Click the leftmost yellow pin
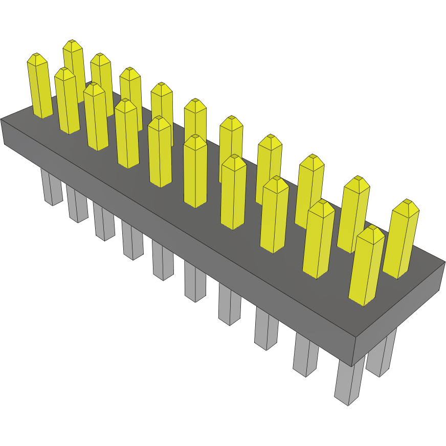(39, 87)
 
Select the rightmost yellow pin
(404, 240)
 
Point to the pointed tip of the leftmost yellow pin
(35, 55)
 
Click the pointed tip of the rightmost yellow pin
(408, 201)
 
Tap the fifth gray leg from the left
(163, 261)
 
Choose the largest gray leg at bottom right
(349, 381)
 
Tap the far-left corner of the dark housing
(2, 120)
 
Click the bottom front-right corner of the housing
(352, 365)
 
